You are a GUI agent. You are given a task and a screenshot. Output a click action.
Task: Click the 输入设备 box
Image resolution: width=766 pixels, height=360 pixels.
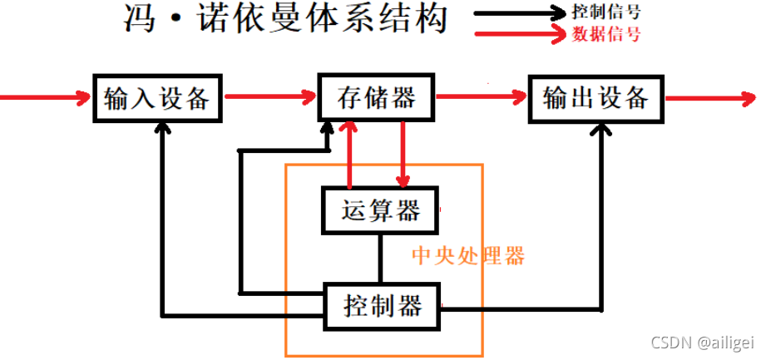157,98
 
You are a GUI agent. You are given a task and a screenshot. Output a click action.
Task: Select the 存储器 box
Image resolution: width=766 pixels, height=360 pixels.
377,98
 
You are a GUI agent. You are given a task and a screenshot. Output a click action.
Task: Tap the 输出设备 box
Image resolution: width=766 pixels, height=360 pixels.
596,98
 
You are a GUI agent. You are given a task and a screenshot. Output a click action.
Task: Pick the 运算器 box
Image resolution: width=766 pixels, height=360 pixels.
380,210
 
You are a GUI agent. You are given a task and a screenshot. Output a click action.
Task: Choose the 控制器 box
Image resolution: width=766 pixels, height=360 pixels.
381,305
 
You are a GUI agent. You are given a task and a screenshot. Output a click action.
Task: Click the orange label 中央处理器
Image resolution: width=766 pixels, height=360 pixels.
469,255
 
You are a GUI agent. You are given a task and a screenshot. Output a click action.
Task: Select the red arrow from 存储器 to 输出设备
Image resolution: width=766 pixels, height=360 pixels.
482,98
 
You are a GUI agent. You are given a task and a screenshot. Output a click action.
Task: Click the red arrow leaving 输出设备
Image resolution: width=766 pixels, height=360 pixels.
707,98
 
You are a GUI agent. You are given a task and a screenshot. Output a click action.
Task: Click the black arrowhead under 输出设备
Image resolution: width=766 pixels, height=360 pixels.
601,130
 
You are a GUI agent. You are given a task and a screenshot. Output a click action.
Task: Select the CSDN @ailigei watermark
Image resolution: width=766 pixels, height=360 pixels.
703,343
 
